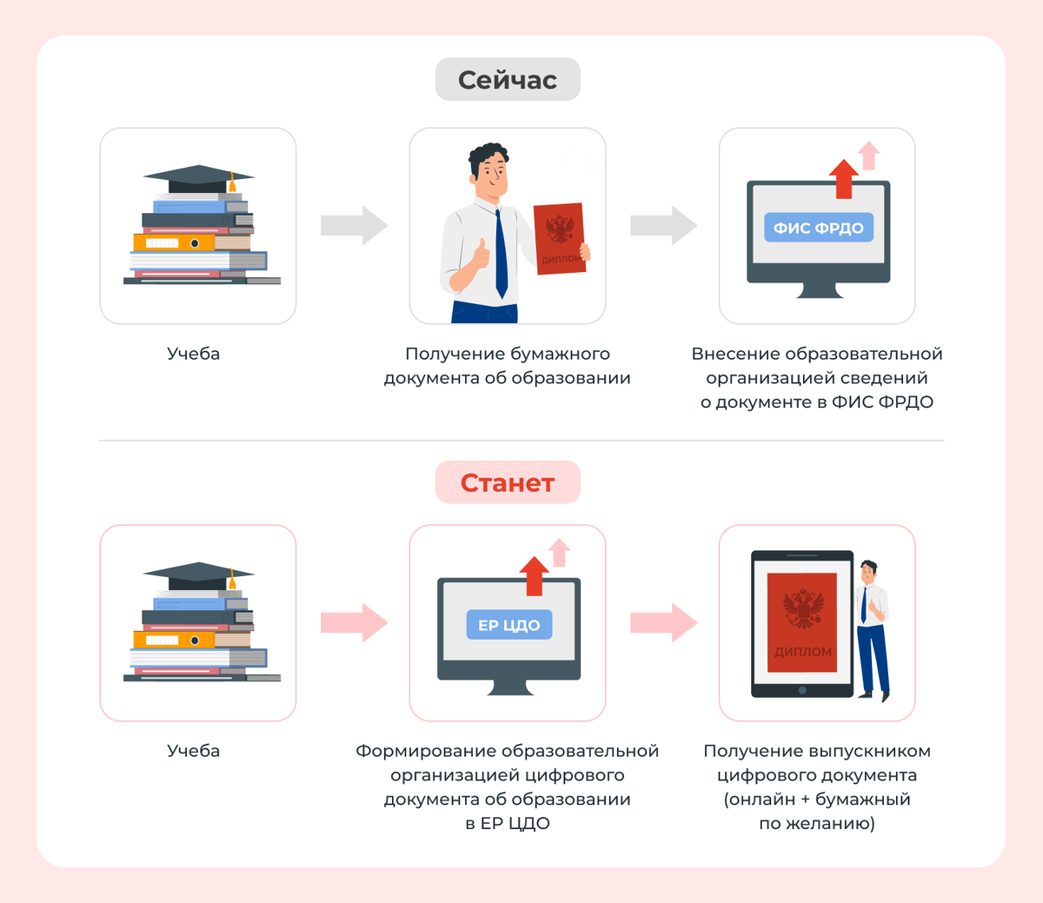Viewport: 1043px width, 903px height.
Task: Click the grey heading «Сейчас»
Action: coord(508,80)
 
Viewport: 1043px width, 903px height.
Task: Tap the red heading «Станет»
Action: coord(508,482)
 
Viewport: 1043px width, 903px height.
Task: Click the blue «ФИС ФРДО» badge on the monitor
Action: coord(818,228)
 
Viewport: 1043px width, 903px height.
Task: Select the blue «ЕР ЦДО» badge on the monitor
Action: coord(509,625)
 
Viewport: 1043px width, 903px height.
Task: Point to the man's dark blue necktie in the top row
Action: coord(501,252)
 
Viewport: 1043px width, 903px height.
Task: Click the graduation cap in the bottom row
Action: coord(198,574)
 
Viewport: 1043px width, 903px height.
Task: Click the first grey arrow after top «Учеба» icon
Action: coord(354,226)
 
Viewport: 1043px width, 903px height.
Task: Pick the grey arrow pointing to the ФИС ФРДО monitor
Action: coord(663,226)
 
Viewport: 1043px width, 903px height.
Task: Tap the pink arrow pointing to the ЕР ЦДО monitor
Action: coord(354,622)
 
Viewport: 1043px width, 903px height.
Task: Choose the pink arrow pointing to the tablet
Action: coord(663,622)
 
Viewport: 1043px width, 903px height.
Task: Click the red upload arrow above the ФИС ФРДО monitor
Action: coord(842,178)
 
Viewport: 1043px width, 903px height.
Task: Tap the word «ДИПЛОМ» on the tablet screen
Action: coord(803,652)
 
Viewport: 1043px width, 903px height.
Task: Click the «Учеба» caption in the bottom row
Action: coord(193,751)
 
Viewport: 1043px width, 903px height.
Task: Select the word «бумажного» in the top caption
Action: coord(560,354)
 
